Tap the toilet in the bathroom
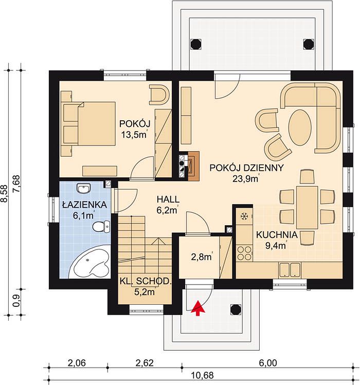[x=101, y=226]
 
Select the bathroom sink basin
[x=83, y=189]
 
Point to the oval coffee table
[x=300, y=127]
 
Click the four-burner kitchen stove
[x=244, y=253]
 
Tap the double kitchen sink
[x=290, y=270]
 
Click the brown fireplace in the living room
[x=193, y=166]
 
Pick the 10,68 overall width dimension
[x=203, y=375]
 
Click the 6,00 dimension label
[x=268, y=363]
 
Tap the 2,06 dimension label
[x=77, y=363]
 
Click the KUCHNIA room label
[x=277, y=235]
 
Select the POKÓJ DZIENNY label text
[x=246, y=168]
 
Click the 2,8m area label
[x=202, y=256]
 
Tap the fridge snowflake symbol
[x=244, y=216]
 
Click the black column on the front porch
[x=236, y=309]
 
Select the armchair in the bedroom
[x=159, y=94]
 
